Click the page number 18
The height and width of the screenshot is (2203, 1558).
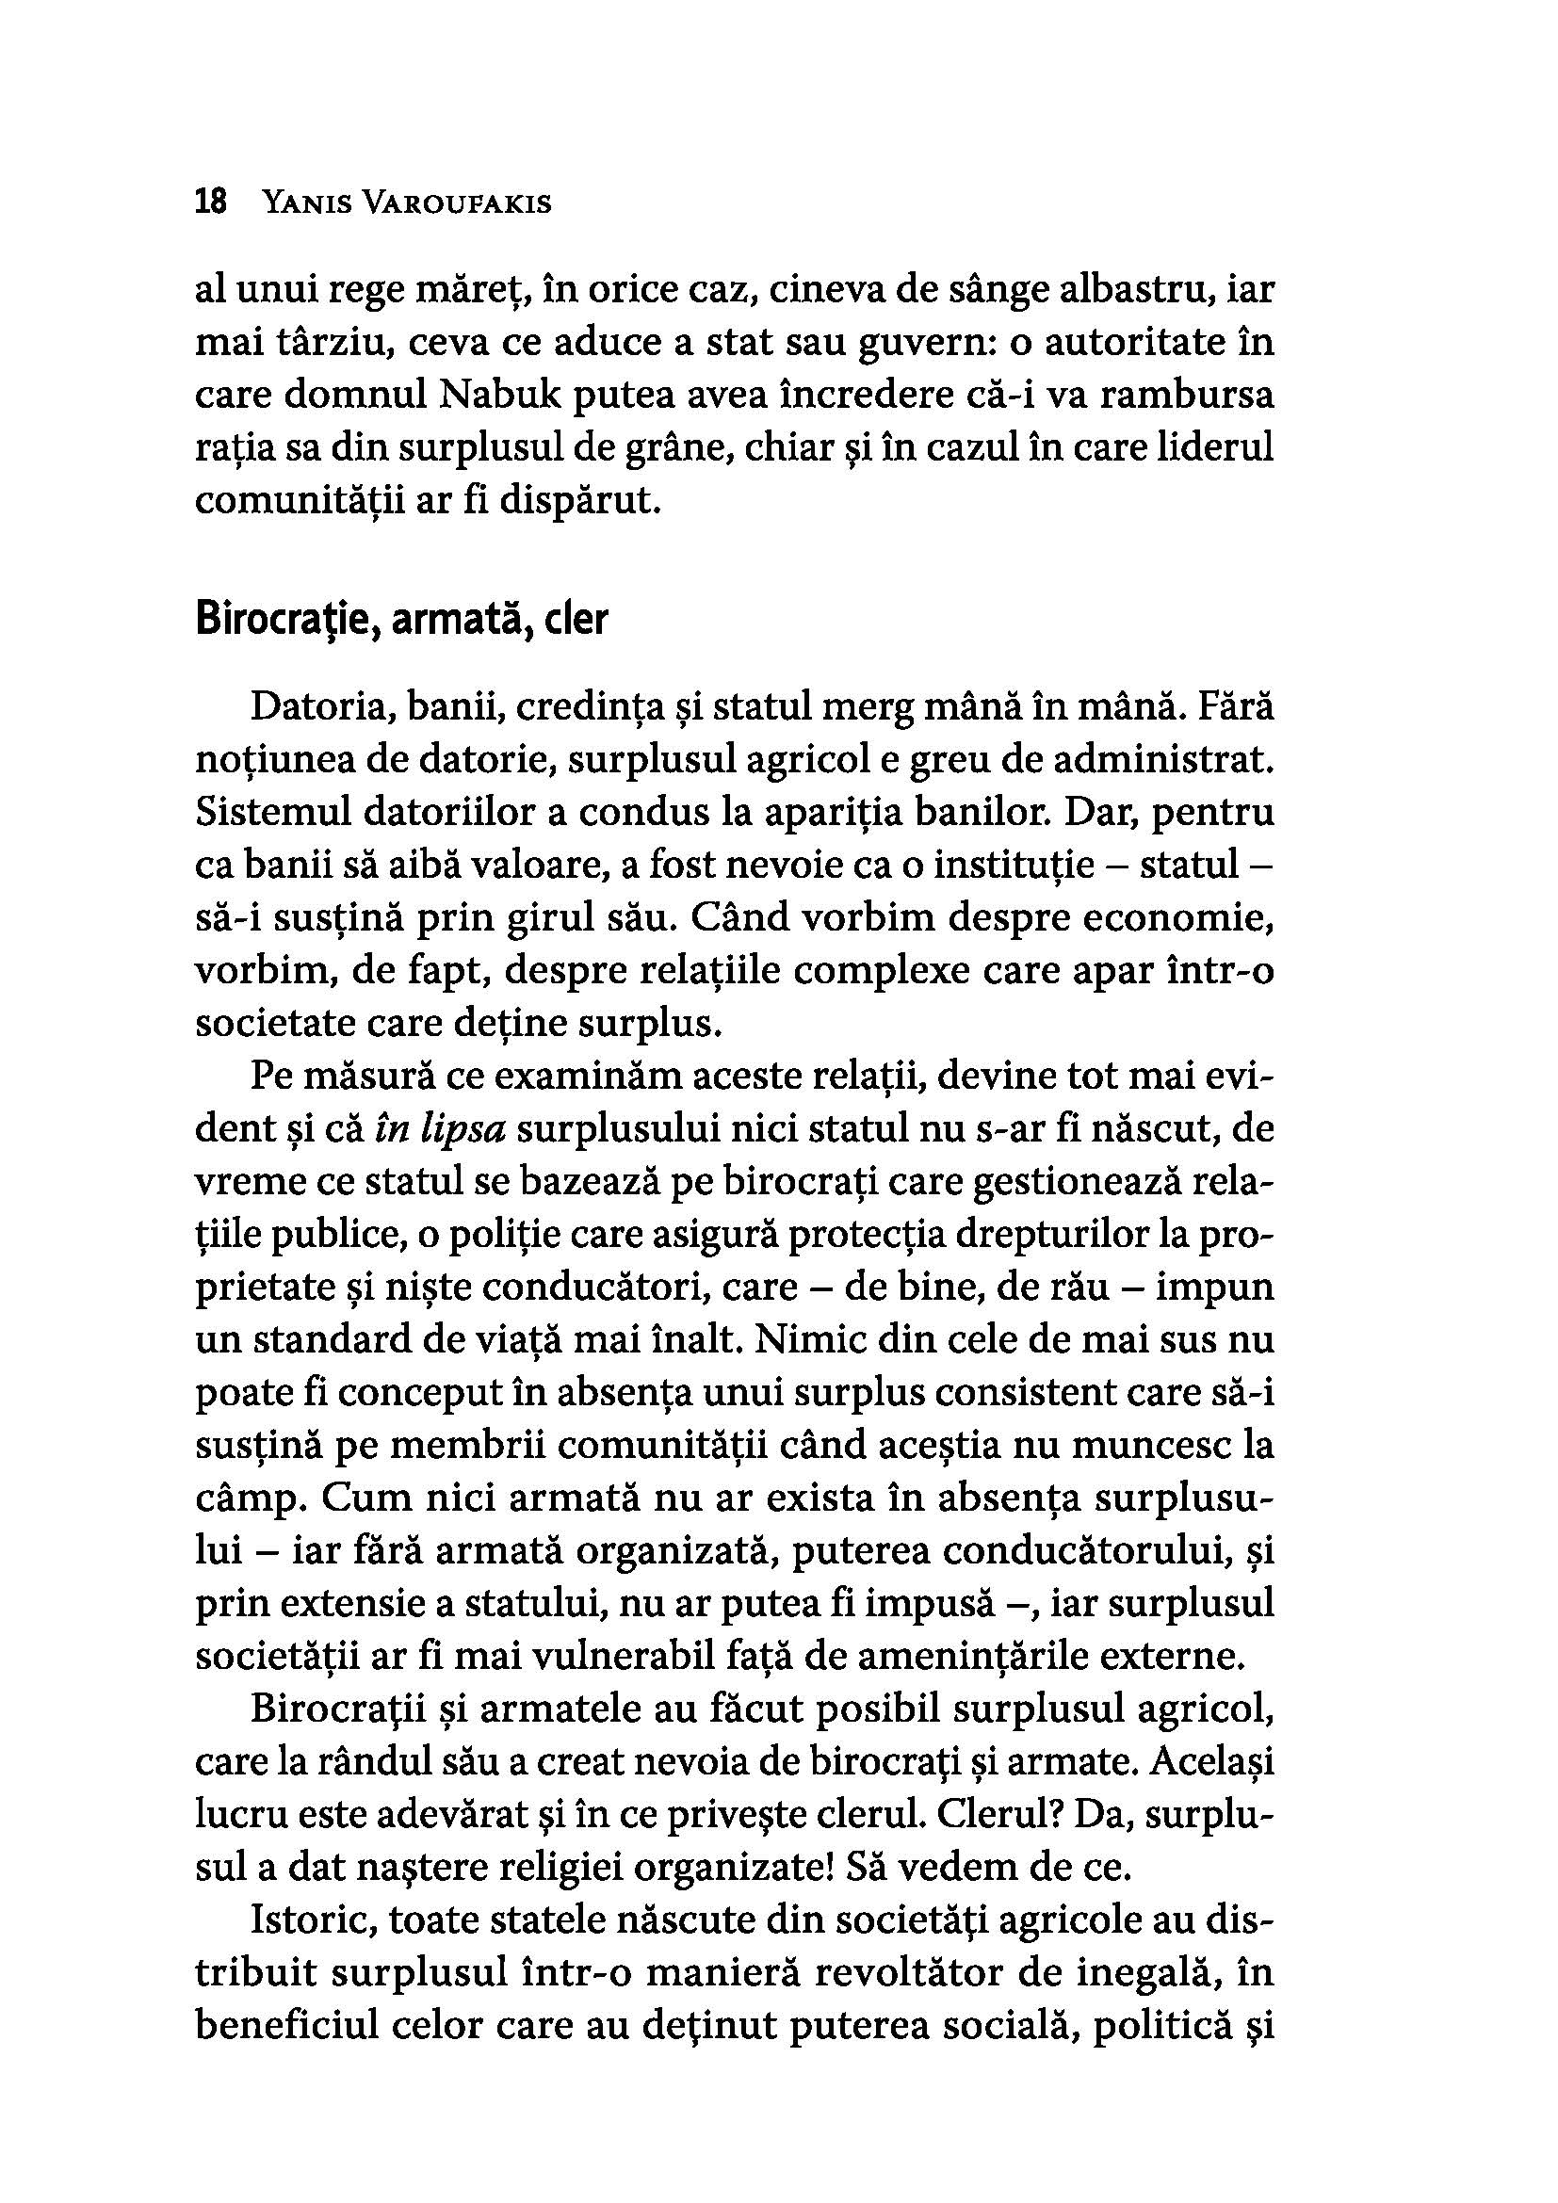(210, 203)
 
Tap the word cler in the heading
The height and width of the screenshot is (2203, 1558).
(576, 621)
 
